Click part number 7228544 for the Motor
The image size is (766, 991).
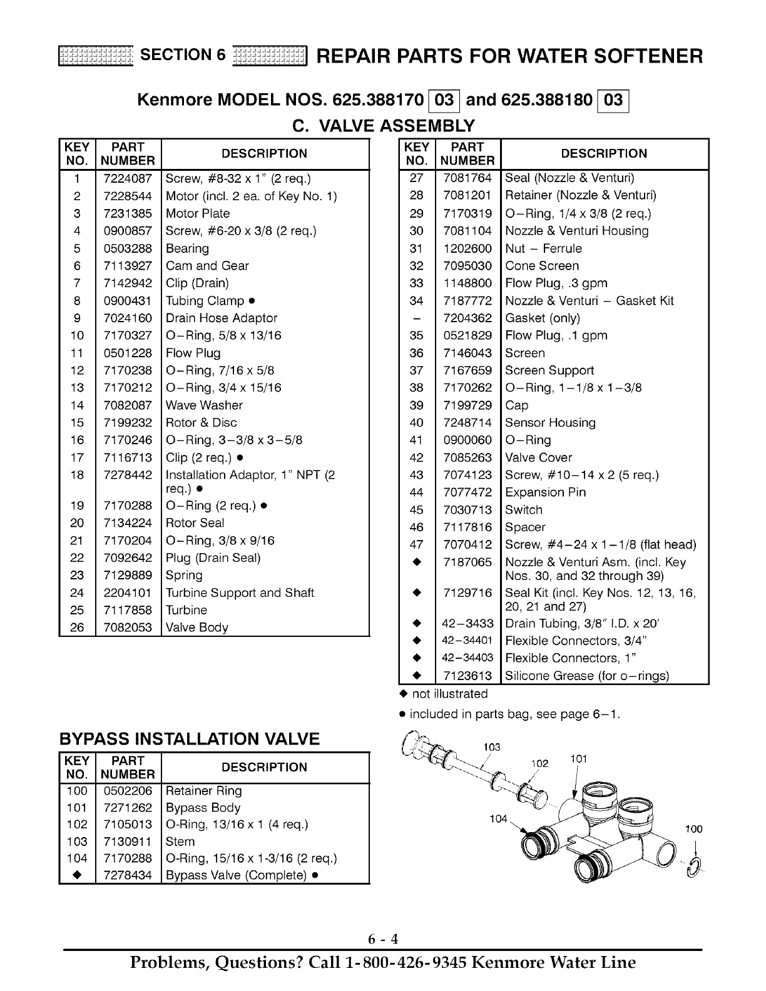pos(128,196)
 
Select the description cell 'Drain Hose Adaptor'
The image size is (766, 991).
pos(221,318)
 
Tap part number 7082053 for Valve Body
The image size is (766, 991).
pos(128,628)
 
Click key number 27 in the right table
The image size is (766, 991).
pos(416,178)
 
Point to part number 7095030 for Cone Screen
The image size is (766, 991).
pos(467,266)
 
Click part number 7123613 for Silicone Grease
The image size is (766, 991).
pos(467,676)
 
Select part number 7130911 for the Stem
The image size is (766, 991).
pos(128,841)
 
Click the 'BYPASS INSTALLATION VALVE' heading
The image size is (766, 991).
pos(189,739)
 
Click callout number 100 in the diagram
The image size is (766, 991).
pos(693,829)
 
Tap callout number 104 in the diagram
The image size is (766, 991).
pos(498,819)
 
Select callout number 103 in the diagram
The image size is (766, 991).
pos(492,747)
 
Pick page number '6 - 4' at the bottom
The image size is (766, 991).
pos(383,939)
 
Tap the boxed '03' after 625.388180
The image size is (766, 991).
pos(613,100)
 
